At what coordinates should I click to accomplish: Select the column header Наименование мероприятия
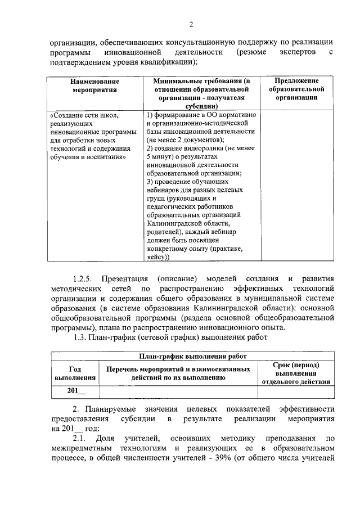[94, 85]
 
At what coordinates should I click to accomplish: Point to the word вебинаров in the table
[163, 190]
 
